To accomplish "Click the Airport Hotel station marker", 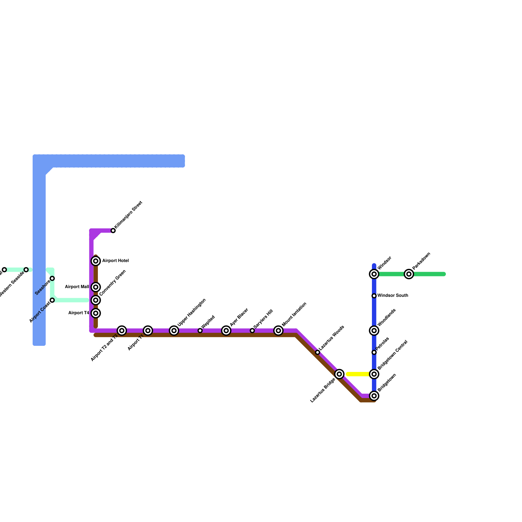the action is tap(96, 261).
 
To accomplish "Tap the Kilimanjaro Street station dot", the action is tap(113, 231).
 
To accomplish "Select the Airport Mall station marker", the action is tap(96, 287).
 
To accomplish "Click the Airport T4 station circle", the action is tap(96, 313).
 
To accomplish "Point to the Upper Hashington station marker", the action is tap(174, 331).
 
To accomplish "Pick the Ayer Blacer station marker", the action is tap(226, 331).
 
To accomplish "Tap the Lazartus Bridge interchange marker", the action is tap(340, 374).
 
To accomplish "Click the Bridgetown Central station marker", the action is tap(374, 374).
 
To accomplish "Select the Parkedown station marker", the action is tap(409, 274).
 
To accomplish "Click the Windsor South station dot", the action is tap(374, 296).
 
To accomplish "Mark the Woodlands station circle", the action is tap(374, 331).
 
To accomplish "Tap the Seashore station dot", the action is tap(52, 278).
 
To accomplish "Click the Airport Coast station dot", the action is tap(52, 300).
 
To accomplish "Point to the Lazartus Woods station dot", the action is tap(318, 352).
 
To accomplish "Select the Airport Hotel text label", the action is tap(115, 261).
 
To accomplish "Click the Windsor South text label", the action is tap(393, 296).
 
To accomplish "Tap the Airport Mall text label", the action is tap(77, 287).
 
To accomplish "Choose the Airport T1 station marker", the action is tap(148, 331).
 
